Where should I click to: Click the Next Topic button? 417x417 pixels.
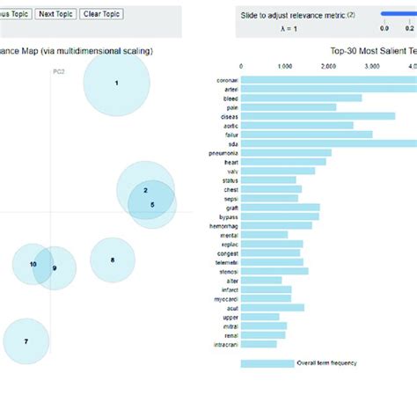coord(55,15)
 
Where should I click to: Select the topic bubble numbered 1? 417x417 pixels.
coord(116,83)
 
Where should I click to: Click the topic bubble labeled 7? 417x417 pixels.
coord(26,341)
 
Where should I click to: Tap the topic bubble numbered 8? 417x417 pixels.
coord(113,260)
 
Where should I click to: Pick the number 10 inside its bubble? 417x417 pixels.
coord(33,265)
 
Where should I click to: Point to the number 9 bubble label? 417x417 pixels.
coord(55,268)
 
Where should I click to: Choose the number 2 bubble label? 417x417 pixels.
coord(146,190)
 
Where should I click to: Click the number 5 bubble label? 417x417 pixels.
coord(152,205)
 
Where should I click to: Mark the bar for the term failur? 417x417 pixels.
coord(306,135)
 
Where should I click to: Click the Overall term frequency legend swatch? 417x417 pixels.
coord(267,362)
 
